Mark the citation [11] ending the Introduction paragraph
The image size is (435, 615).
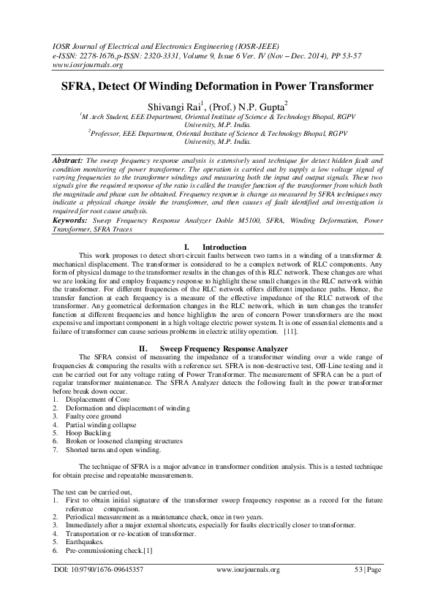coord(291,332)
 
